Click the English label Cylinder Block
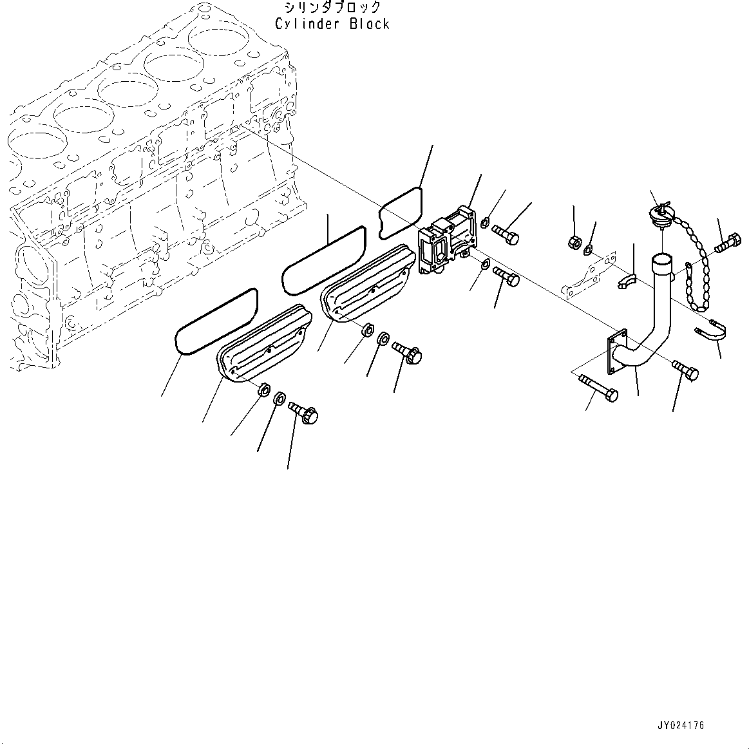332,24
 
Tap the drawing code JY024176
680,726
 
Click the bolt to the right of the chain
727,243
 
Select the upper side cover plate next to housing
367,283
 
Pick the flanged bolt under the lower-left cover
304,412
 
